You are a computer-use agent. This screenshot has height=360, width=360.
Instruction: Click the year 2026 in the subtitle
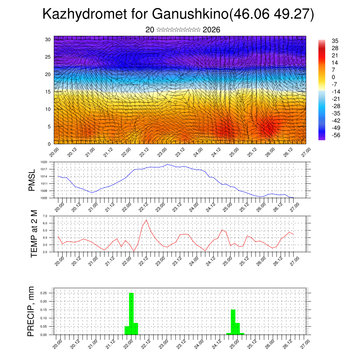(211, 30)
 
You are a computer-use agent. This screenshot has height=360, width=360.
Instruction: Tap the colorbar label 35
(335, 41)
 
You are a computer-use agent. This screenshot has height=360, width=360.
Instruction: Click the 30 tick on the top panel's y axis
(48, 39)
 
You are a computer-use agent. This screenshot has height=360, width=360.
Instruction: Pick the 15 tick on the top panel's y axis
(48, 92)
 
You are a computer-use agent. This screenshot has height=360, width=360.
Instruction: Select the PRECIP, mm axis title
(32, 311)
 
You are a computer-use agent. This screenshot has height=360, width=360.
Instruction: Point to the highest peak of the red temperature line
(146, 220)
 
